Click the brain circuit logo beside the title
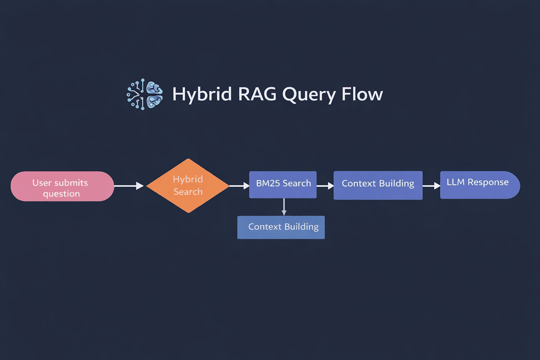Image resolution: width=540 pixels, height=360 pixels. [x=144, y=94]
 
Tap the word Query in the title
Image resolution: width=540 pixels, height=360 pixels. [x=309, y=95]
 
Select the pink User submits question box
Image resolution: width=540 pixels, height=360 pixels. [x=62, y=186]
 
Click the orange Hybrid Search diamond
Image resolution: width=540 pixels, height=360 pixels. [x=188, y=185]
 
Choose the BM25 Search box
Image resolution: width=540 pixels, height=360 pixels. [x=283, y=184]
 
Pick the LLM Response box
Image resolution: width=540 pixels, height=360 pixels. [x=479, y=184]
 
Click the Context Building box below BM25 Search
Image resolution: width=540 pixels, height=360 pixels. [x=281, y=226]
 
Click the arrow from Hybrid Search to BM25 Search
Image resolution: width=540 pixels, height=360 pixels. [x=239, y=185]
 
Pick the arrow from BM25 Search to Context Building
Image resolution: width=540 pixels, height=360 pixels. [x=324, y=185]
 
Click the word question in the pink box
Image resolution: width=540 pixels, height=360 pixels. [x=61, y=194]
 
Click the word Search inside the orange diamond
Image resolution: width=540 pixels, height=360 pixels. [x=188, y=192]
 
